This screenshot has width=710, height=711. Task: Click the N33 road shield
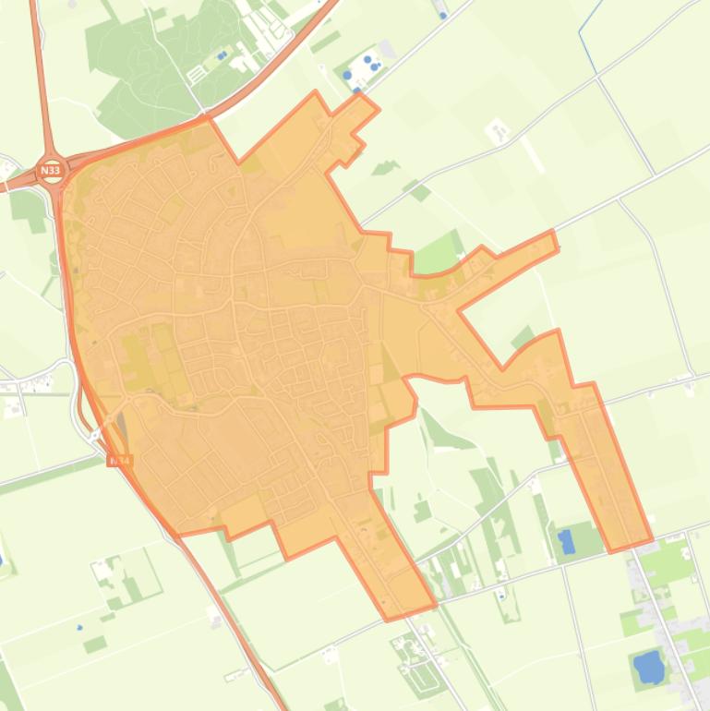51,171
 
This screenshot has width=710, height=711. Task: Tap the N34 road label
120,459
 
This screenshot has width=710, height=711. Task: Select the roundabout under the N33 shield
51,173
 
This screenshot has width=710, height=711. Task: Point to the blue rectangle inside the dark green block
567,542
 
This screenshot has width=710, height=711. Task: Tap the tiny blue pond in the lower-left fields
80,628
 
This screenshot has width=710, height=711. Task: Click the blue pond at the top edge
444,15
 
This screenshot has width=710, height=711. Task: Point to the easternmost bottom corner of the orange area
650,540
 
